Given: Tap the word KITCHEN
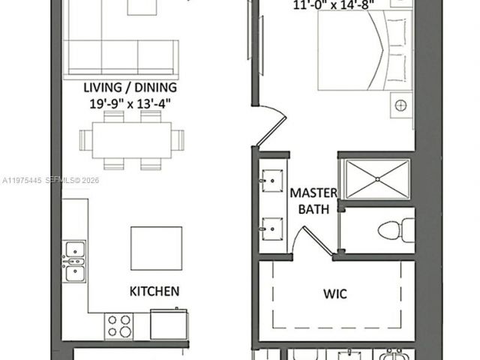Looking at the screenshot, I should pos(154,291).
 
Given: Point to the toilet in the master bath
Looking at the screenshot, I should pos(397,229).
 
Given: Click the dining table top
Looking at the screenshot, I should pos(132,140).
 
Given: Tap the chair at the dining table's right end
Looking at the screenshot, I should pos(178,139).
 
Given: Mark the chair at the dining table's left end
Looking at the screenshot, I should pos(85,139).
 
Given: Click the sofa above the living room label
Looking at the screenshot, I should pos(122,56).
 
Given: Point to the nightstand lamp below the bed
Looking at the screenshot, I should pos(401,104).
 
